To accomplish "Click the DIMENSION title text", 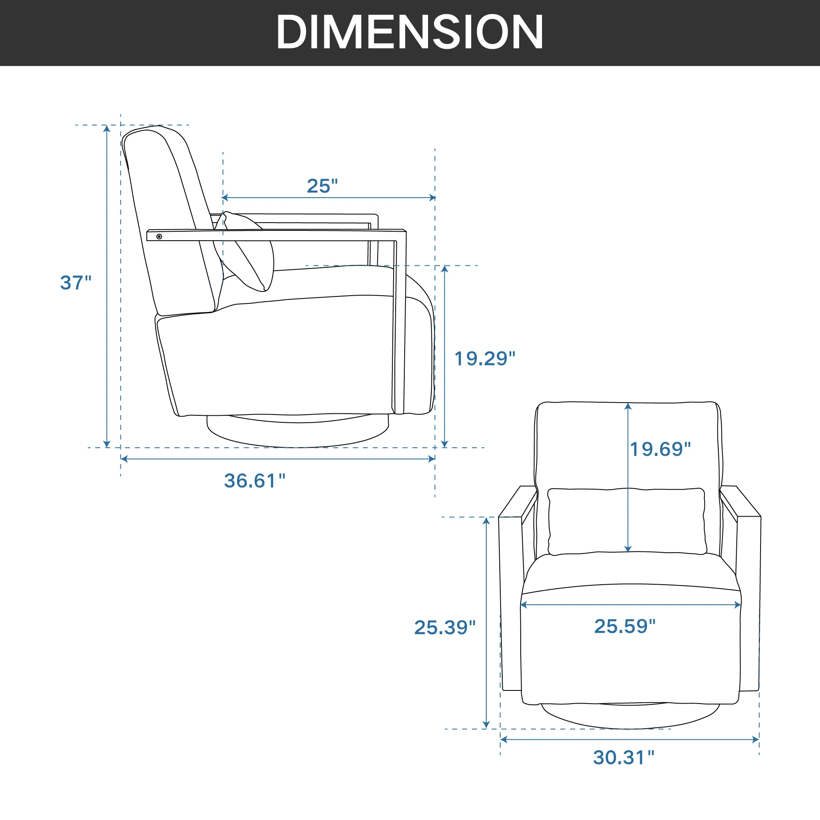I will [410, 32].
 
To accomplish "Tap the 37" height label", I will [75, 282].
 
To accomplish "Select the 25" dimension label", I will [322, 186].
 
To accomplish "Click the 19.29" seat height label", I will [485, 359].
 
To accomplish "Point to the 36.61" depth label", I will [255, 481].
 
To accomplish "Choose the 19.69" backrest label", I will [660, 449].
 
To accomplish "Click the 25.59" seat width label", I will [625, 626].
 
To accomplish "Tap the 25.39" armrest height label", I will [445, 627].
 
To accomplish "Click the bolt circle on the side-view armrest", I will [159, 237].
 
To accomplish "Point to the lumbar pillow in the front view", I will [626, 521].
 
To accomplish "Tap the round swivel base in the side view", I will [297, 433].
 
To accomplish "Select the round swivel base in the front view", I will [630, 717].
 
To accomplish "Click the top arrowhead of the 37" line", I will [107, 128].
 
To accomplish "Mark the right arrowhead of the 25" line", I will [433, 197].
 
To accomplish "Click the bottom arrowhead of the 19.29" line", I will [444, 444].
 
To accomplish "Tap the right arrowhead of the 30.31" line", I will [756, 740].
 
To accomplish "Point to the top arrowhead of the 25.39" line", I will [486, 521].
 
